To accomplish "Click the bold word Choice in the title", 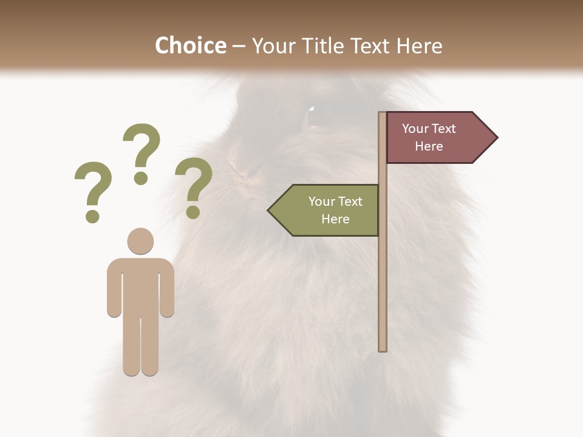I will (x=190, y=46).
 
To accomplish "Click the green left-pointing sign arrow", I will (x=324, y=210).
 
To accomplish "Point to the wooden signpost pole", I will (x=383, y=273).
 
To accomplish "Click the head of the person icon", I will (x=140, y=241).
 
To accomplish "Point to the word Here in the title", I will (x=419, y=46).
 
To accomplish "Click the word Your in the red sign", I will (x=415, y=129).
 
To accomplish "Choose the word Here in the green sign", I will (x=335, y=219).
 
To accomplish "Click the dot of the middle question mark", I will (x=141, y=178).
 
